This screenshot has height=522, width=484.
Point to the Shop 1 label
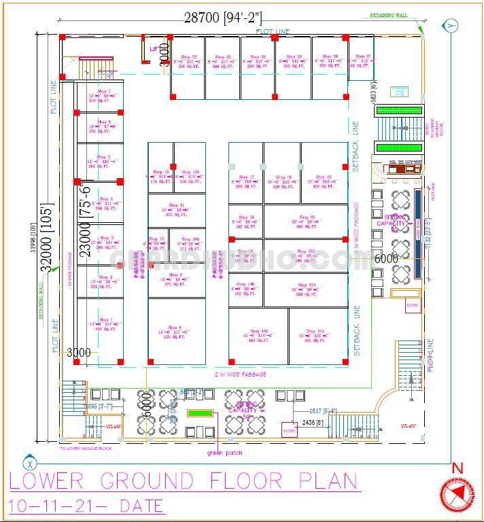point(105,319)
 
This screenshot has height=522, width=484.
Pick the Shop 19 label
point(324,177)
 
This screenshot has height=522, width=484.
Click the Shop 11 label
point(177,205)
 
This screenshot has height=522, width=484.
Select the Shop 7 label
point(104,91)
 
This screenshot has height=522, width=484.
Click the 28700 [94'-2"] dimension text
point(222,18)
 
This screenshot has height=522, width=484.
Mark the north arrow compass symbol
point(457,493)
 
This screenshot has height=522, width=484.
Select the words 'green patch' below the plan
point(224,453)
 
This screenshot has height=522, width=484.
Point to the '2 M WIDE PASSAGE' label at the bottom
point(241,375)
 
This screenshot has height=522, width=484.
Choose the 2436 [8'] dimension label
point(313,422)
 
